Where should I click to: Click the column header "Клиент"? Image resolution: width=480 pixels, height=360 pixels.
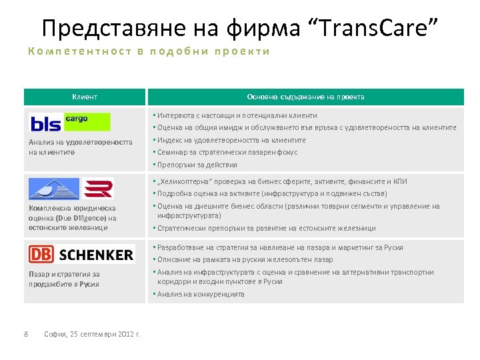85,97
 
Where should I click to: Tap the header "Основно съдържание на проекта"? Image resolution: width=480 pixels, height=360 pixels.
305,97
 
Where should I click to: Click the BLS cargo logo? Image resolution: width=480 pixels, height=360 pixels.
70,123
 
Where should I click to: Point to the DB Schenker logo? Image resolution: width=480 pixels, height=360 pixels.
81,254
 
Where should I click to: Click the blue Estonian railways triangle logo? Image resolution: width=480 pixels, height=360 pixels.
54,189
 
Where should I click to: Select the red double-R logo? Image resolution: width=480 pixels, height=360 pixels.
101,188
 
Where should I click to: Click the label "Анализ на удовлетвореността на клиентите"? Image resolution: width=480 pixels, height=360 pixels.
80,147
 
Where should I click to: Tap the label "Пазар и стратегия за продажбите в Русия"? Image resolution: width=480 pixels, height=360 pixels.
64,279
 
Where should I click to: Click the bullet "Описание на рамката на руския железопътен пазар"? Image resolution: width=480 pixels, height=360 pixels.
245,259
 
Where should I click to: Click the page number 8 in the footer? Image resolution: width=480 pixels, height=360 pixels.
25,334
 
